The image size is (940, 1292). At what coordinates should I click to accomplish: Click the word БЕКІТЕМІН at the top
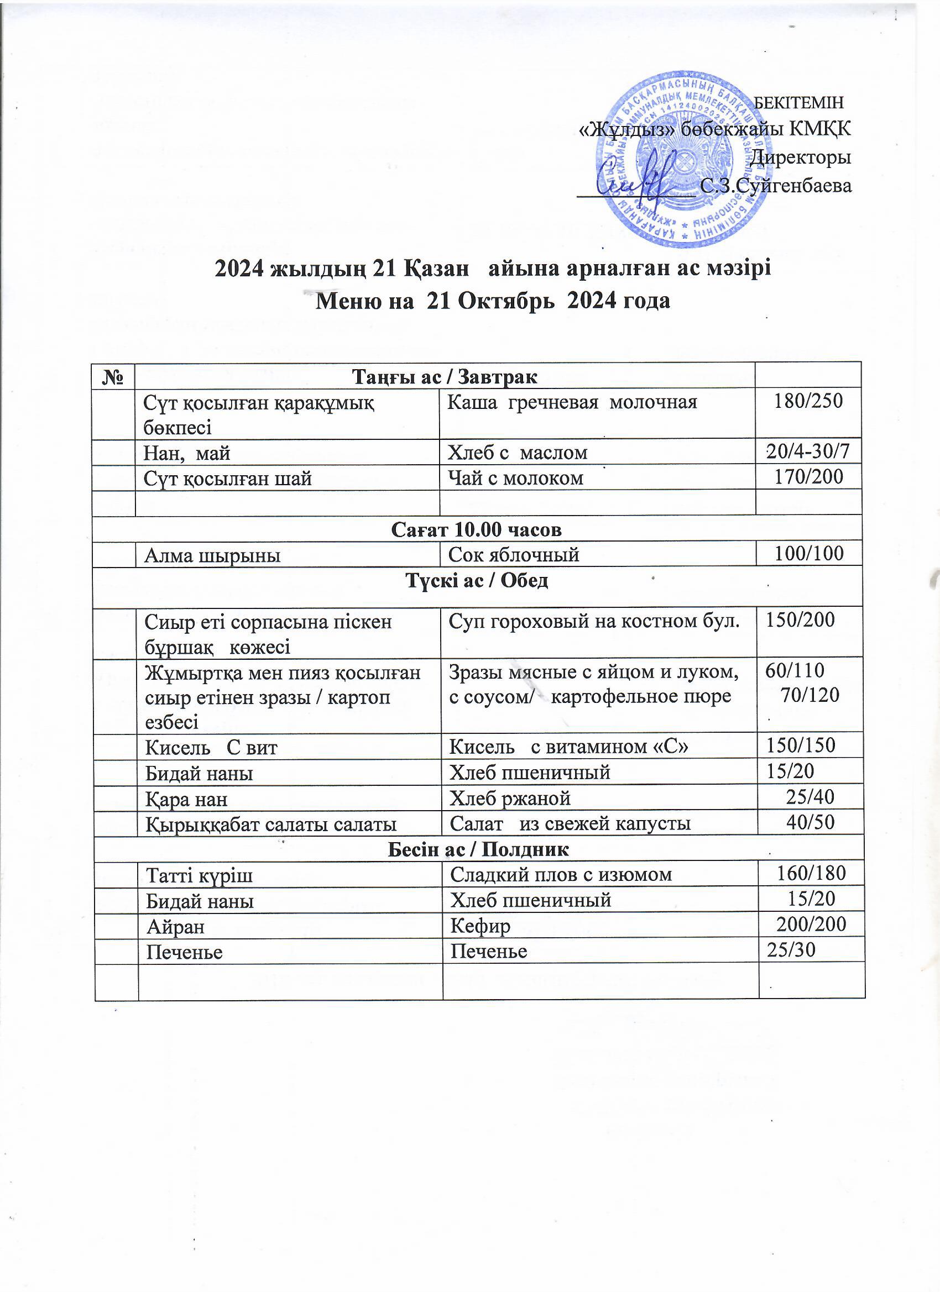pyautogui.click(x=798, y=103)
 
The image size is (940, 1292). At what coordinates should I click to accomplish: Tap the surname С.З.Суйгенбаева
pyautogui.click(x=776, y=185)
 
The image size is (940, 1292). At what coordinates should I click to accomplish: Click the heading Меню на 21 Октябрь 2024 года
pyautogui.click(x=493, y=300)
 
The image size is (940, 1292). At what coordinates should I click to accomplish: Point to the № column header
pyautogui.click(x=113, y=376)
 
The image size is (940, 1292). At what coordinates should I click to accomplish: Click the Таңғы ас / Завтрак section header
pyautogui.click(x=445, y=376)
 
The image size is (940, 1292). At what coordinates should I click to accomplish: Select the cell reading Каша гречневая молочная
pyautogui.click(x=572, y=402)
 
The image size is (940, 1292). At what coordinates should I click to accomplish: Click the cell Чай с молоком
pyautogui.click(x=516, y=477)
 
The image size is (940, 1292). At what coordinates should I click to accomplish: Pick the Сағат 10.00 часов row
pyautogui.click(x=477, y=529)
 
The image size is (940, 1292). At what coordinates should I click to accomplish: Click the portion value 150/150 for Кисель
pyautogui.click(x=800, y=745)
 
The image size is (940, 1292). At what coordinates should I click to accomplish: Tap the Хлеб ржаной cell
pyautogui.click(x=510, y=798)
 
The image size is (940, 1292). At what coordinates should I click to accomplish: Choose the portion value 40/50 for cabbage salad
pyautogui.click(x=810, y=822)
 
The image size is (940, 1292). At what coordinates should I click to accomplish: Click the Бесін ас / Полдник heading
pyautogui.click(x=478, y=849)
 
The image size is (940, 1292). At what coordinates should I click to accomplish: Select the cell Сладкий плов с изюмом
pyautogui.click(x=561, y=874)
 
